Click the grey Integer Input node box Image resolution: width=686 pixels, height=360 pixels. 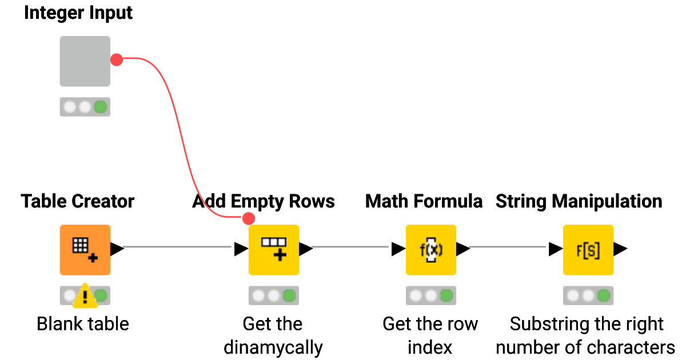pyautogui.click(x=85, y=61)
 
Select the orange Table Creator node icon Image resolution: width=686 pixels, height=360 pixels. pyautogui.click(x=85, y=250)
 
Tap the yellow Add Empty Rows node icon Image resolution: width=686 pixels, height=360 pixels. pyautogui.click(x=274, y=250)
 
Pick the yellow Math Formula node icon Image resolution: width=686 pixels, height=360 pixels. pyautogui.click(x=431, y=250)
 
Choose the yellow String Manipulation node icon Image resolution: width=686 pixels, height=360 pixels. pyautogui.click(x=588, y=250)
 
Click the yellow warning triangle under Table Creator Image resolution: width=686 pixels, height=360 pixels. pyautogui.click(x=85, y=296)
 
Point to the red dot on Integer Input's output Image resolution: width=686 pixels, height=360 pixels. pyautogui.click(x=117, y=59)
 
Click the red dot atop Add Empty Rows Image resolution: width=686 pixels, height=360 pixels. pyautogui.click(x=248, y=218)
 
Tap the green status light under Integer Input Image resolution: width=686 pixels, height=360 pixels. pyautogui.click(x=101, y=107)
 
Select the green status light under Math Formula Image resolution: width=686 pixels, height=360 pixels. pyautogui.click(x=446, y=295)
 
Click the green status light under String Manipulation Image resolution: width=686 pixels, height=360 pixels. pyautogui.click(x=604, y=295)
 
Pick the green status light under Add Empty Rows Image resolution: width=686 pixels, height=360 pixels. pyautogui.click(x=289, y=295)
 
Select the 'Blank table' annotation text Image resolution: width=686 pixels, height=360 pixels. pyautogui.click(x=83, y=324)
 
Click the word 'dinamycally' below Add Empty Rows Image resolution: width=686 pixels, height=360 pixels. pyautogui.click(x=273, y=347)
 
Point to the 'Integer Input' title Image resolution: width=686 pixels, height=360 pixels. pyautogui.click(x=78, y=13)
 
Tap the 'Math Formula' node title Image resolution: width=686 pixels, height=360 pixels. pyautogui.click(x=424, y=201)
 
